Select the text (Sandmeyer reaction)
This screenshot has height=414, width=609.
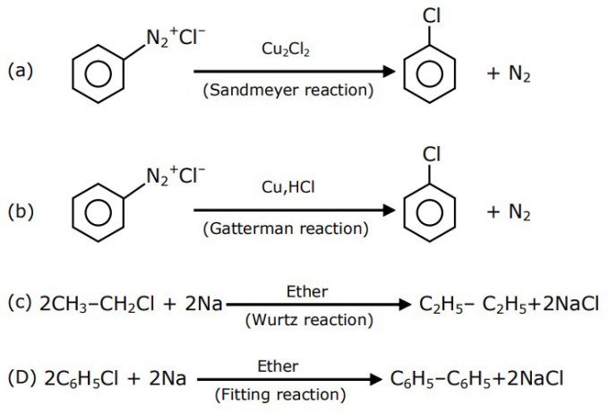tap(287, 90)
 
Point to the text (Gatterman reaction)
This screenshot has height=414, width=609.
tap(287, 229)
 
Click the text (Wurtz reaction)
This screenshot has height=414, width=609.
tap(309, 320)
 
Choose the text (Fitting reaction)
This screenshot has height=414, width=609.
tap(279, 394)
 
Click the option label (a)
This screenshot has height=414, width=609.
tap(20, 70)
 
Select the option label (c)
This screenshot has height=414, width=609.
tap(20, 303)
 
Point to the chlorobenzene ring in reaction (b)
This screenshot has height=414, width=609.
tap(429, 215)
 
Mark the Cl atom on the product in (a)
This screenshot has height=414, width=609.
tap(430, 14)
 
